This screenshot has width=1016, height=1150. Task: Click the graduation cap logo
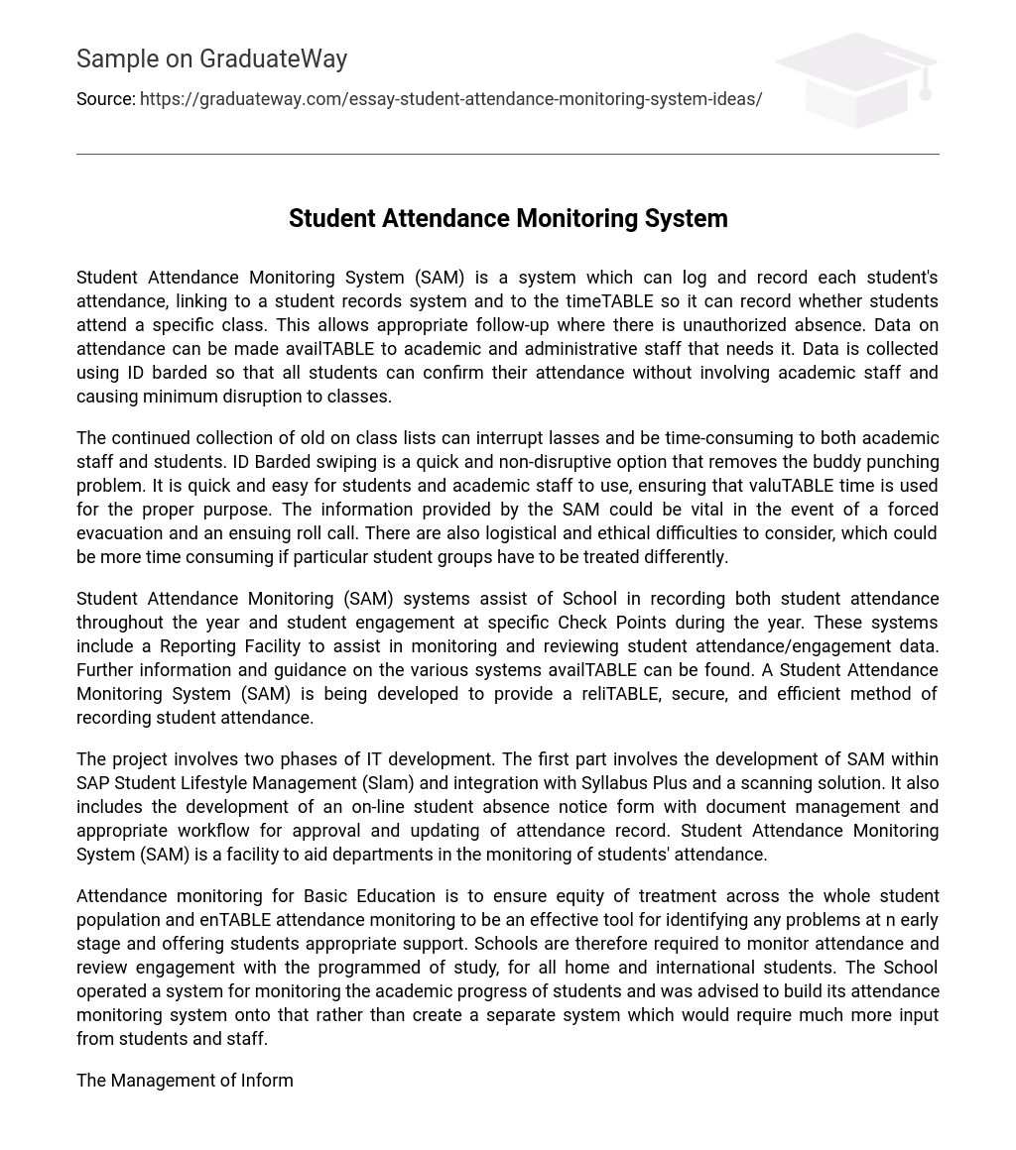point(855,79)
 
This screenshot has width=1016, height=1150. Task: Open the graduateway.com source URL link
point(450,99)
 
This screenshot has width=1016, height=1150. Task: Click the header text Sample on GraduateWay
point(211,59)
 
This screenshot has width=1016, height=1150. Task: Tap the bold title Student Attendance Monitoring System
point(508,218)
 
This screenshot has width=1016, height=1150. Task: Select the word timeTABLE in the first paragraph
point(609,301)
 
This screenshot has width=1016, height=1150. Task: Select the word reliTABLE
point(619,694)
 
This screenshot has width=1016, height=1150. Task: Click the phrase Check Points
point(611,623)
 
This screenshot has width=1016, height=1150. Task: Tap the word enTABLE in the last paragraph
point(235,920)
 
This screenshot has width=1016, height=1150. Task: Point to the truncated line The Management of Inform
point(185,1081)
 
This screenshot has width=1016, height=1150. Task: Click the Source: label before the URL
point(105,99)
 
